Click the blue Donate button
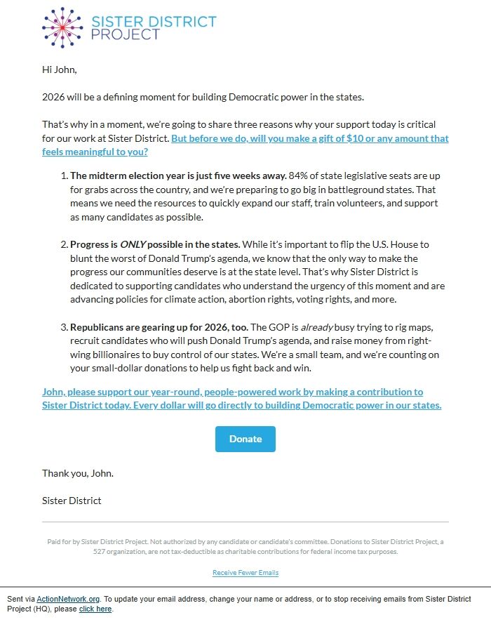click(x=245, y=439)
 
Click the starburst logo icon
click(x=62, y=27)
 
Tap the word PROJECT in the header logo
click(x=126, y=35)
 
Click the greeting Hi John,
click(x=59, y=70)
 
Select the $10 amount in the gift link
click(x=355, y=138)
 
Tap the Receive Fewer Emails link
click(x=245, y=573)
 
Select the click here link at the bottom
click(x=95, y=609)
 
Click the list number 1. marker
click(x=64, y=176)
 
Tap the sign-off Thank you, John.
click(x=77, y=473)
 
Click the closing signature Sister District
click(x=72, y=501)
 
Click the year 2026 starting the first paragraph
click(x=54, y=97)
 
